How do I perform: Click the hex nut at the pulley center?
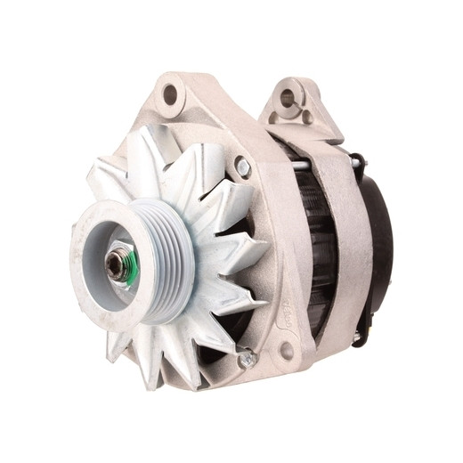[x=117, y=264]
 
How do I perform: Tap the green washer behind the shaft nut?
[x=130, y=268]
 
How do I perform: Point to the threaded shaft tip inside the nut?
[x=114, y=264]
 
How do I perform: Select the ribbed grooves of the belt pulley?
[x=170, y=267]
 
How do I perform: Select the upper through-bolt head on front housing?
[x=242, y=166]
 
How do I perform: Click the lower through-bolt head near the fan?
[x=247, y=359]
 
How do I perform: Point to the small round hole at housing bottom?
[x=287, y=351]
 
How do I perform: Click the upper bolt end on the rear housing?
[x=357, y=161]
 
